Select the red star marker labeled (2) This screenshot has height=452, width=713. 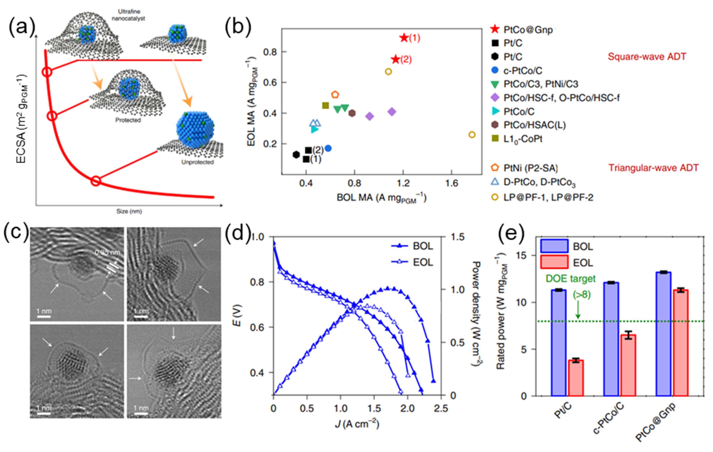click(395, 59)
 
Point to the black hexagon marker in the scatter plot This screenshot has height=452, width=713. click(296, 154)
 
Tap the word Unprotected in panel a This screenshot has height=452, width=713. click(198, 162)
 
